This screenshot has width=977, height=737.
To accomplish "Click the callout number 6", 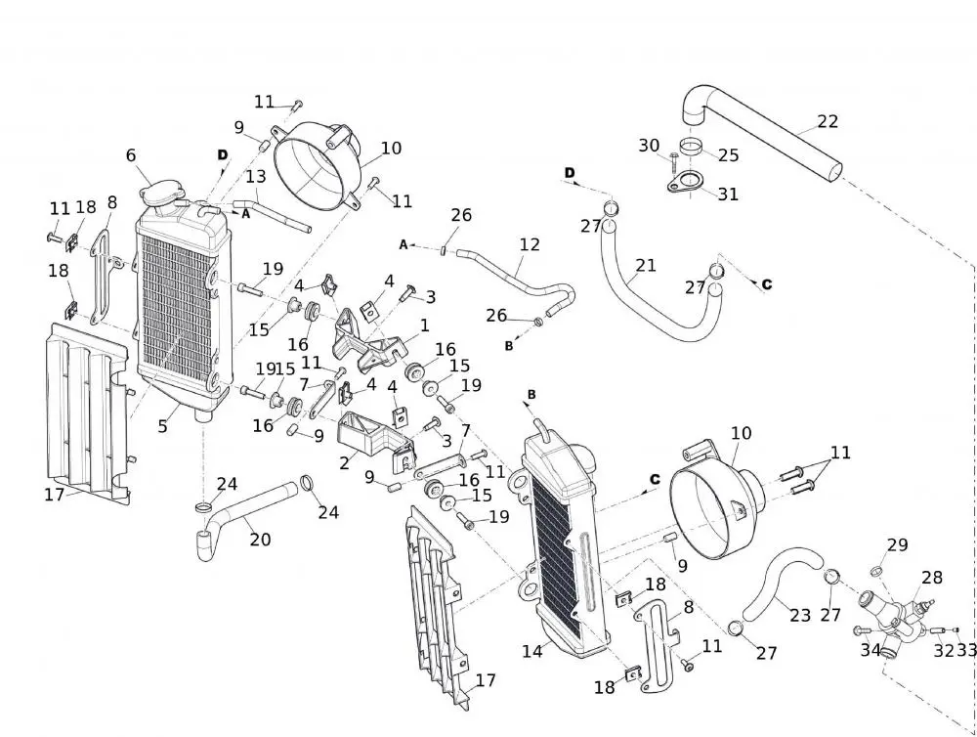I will [x=131, y=155].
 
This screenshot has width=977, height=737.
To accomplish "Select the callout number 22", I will [x=828, y=122].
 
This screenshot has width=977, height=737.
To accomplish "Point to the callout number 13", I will [x=255, y=177].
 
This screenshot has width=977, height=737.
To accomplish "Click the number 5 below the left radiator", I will [x=163, y=426].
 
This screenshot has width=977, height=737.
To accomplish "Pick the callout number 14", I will [x=531, y=651].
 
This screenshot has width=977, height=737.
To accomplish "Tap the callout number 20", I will [x=259, y=540].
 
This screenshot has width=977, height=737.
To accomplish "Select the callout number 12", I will [x=530, y=244].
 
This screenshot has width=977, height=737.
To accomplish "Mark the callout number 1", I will [x=425, y=325].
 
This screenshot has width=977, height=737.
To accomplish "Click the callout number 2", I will [x=344, y=463].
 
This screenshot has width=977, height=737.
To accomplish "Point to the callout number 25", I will [x=729, y=155].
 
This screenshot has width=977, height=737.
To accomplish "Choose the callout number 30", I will [x=649, y=146].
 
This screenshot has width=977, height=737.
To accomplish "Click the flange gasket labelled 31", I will [x=690, y=184].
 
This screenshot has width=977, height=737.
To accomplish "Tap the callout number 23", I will [x=800, y=616].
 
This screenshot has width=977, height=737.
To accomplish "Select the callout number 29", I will [x=897, y=545].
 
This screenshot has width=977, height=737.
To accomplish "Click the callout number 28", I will [x=932, y=579].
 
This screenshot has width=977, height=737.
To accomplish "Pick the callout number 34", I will [x=871, y=649].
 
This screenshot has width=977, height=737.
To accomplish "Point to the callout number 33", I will [x=966, y=650].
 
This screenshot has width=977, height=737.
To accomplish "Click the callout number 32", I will [x=943, y=650].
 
